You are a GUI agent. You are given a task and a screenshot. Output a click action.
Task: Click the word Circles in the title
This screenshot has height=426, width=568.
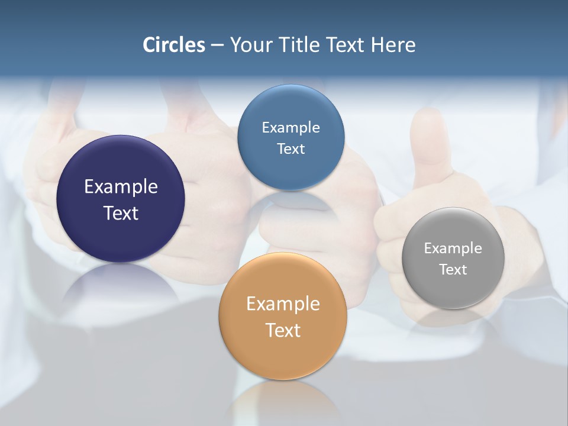(x=173, y=45)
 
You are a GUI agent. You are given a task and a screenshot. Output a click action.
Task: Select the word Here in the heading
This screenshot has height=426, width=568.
(x=393, y=45)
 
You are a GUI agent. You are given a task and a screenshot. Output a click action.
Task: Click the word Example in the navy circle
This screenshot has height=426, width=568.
(x=121, y=187)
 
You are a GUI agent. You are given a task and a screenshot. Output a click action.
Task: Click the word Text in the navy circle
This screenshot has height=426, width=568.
(x=121, y=213)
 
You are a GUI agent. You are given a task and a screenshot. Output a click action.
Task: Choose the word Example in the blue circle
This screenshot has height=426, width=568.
(x=291, y=128)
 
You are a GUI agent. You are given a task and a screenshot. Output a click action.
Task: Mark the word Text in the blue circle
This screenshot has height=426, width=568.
(x=291, y=149)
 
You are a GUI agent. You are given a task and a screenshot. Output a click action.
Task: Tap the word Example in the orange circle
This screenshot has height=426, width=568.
(x=283, y=304)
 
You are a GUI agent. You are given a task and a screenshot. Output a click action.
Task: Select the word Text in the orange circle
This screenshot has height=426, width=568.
(x=283, y=330)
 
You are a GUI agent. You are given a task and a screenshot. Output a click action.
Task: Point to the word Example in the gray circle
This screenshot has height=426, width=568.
(x=453, y=248)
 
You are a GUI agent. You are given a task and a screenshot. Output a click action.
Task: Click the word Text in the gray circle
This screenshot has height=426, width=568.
(x=453, y=270)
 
